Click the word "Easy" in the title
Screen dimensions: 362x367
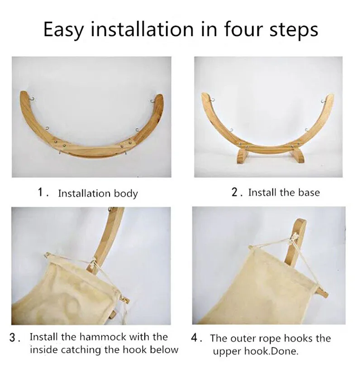[x=63, y=30]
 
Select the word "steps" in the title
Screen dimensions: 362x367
[x=294, y=30]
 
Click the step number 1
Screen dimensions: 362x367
[x=41, y=193]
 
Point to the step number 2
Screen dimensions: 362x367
[x=235, y=192]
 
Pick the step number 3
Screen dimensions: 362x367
[x=13, y=338]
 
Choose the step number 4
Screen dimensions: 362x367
[x=195, y=338]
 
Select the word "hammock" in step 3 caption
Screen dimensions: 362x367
[x=103, y=337]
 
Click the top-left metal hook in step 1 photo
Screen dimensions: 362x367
[x=33, y=99]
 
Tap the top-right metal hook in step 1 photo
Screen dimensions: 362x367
[x=152, y=101]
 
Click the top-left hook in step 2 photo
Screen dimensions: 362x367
[x=212, y=100]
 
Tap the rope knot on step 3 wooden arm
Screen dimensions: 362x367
[x=93, y=265]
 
